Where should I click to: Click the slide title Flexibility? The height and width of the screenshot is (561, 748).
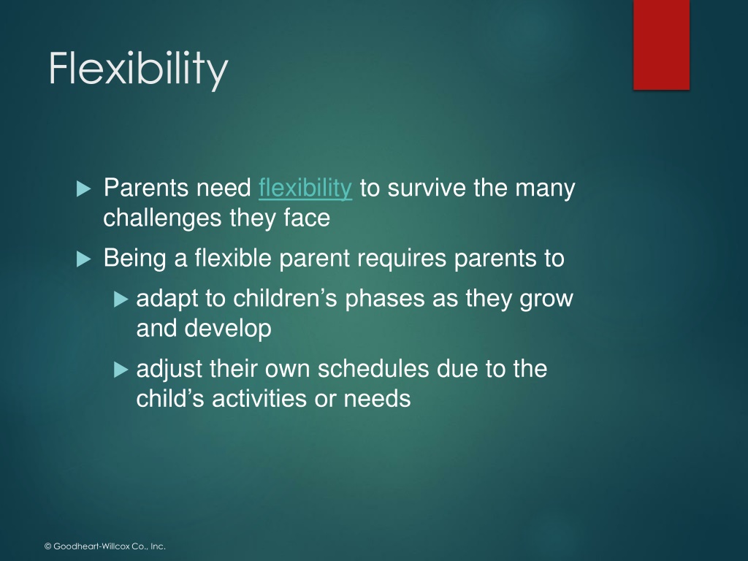tap(138, 69)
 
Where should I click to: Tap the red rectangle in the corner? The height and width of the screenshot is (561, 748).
tap(661, 45)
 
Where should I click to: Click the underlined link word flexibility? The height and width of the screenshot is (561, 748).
tap(305, 188)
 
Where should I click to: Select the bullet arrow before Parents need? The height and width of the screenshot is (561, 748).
tap(83, 189)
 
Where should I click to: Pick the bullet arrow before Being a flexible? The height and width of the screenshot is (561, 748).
tap(83, 259)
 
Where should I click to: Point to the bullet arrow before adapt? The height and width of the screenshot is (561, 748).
tap(121, 299)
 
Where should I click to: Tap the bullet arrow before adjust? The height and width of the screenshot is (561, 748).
tap(121, 370)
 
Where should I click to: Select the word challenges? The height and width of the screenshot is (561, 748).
tap(163, 218)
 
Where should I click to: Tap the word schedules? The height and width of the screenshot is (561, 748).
tap(373, 369)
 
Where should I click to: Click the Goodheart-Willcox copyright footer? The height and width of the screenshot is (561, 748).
tap(105, 546)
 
